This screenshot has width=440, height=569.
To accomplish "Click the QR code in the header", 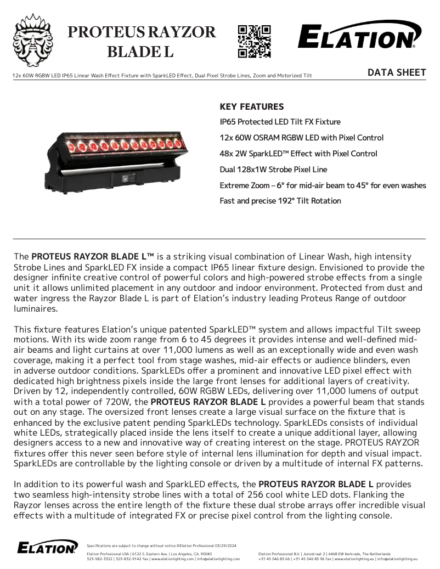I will (254, 41).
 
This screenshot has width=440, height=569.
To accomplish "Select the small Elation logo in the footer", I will (48, 547).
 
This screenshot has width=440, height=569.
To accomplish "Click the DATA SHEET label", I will (397, 72).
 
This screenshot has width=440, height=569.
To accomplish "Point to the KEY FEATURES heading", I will (252, 107).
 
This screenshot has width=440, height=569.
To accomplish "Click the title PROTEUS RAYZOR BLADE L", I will (141, 42).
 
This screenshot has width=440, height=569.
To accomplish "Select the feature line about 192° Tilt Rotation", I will (280, 201).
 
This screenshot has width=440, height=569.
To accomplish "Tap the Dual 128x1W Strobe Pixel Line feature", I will (273, 170).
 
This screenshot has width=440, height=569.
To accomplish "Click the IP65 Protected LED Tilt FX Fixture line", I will (280, 122).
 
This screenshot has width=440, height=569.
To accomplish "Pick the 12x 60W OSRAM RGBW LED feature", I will (301, 138).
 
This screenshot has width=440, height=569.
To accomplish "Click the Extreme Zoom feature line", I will (323, 185).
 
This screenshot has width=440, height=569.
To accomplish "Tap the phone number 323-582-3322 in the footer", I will (99, 559).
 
